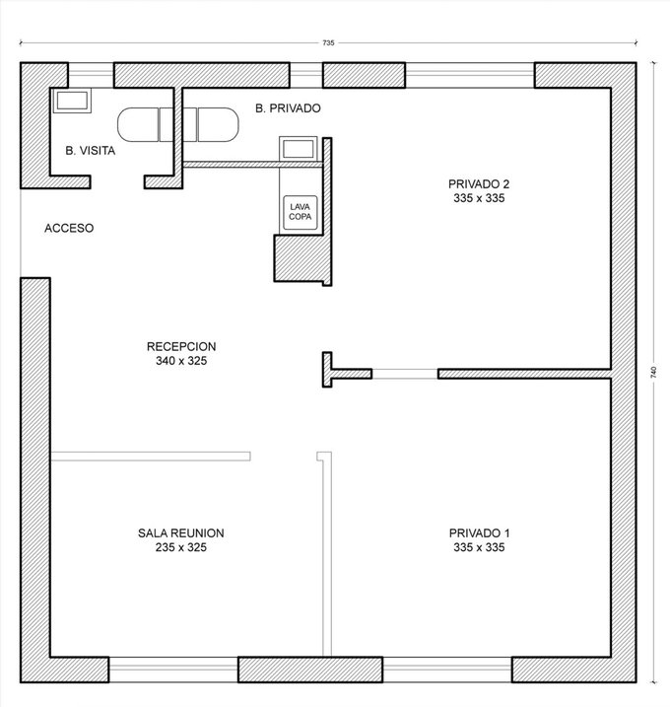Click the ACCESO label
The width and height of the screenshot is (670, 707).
[x=69, y=228]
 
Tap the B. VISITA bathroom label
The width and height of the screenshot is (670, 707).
[x=90, y=151]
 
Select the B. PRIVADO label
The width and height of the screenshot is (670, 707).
[x=288, y=108]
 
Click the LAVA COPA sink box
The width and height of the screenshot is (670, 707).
[x=301, y=212]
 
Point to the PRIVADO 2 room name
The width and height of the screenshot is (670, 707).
[x=479, y=184]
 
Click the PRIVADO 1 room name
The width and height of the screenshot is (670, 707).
[x=480, y=533]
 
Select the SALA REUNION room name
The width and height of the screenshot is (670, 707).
[x=181, y=533]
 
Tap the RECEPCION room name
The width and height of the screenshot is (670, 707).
[x=181, y=347]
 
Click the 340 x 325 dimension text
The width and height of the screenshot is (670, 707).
[x=181, y=361]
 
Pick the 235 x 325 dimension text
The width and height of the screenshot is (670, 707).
[x=181, y=547]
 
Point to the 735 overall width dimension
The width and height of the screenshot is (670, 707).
[x=328, y=42]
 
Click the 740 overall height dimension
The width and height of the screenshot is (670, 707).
[x=654, y=372]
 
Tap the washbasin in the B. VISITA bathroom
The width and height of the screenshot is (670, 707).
[x=72, y=101]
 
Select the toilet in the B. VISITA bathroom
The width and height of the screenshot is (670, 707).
[x=145, y=124]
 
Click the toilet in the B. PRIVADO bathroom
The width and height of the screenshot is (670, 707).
[x=211, y=124]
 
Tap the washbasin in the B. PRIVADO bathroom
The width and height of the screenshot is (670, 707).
[x=298, y=149]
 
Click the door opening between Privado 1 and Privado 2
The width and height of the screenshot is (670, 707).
[x=405, y=374]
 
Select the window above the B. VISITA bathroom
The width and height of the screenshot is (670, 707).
[x=91, y=75]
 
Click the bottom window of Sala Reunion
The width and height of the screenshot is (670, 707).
[x=173, y=670]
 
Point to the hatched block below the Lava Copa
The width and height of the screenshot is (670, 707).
[x=302, y=258]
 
